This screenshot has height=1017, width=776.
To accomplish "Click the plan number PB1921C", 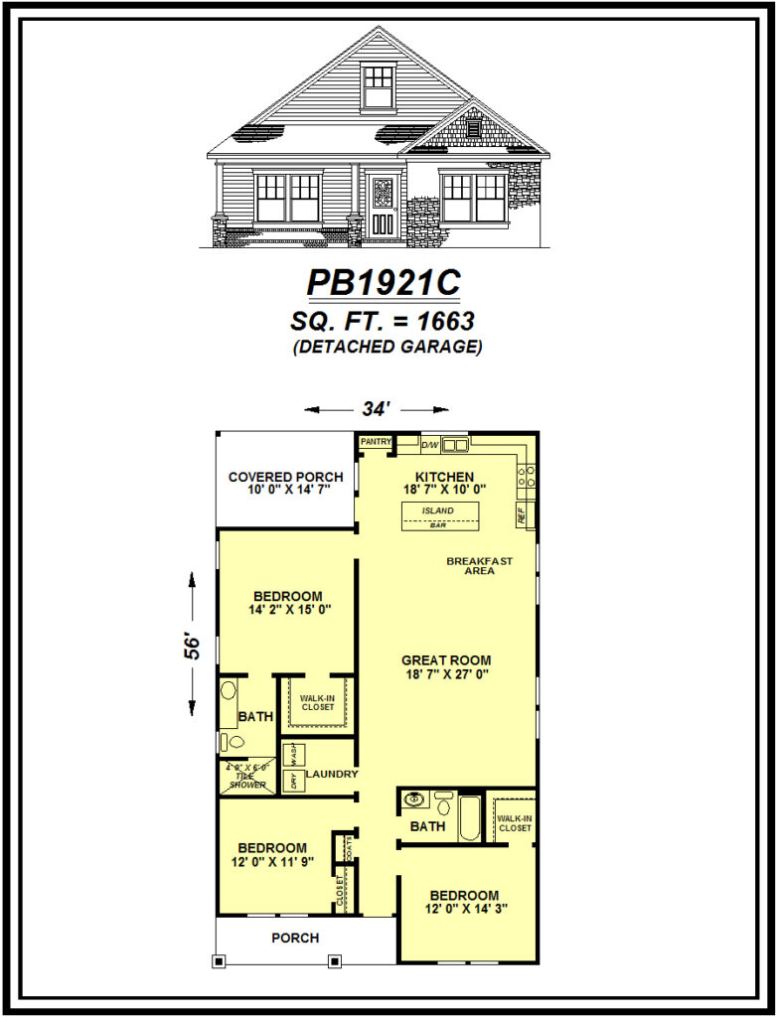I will click(x=383, y=283).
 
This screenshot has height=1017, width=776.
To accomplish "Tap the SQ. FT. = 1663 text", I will click(x=383, y=321).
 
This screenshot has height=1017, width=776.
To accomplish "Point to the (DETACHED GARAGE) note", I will click(x=388, y=347).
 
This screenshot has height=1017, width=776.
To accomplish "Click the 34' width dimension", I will click(x=377, y=408).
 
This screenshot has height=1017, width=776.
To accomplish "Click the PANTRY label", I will click(x=376, y=442).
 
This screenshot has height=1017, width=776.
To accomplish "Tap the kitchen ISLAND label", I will click(x=438, y=510).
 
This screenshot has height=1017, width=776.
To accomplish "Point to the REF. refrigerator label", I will click(x=521, y=514).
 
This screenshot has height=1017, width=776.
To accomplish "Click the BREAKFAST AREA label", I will click(x=479, y=566).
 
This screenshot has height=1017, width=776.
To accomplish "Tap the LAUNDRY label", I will click(x=331, y=774).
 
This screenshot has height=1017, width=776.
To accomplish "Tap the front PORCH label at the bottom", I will click(x=296, y=938).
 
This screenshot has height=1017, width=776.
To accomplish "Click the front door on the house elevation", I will click(x=384, y=206).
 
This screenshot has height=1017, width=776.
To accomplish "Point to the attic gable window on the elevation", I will click(x=378, y=85).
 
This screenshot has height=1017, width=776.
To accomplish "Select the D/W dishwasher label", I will click(x=431, y=445).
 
